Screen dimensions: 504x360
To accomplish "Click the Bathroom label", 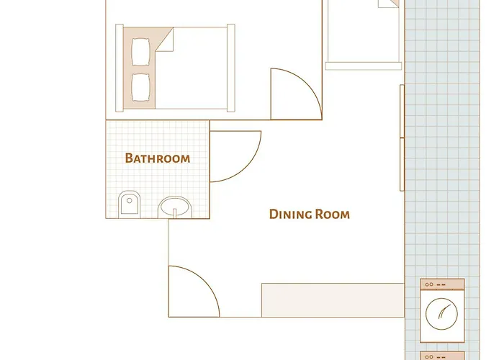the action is click(x=158, y=158).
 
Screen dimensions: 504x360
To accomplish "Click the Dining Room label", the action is click(x=309, y=214).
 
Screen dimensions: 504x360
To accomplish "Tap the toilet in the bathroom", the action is click(x=130, y=204).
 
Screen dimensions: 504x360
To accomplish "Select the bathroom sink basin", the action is click(x=175, y=207).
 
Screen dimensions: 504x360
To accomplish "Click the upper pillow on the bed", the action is click(x=140, y=52).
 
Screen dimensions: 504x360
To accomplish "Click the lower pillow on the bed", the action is click(x=140, y=87).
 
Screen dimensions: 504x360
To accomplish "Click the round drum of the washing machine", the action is click(x=441, y=314).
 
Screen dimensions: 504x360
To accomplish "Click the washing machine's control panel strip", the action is click(x=442, y=284).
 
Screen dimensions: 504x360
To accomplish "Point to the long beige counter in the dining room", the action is click(x=333, y=300).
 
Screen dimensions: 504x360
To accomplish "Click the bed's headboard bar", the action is click(x=120, y=68).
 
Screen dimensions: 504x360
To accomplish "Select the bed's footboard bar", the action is click(x=231, y=68).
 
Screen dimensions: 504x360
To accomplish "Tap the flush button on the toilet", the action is click(x=129, y=201).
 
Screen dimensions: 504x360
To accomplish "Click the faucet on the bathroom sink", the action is click(x=175, y=213).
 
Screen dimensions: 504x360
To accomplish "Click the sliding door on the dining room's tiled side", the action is click(x=402, y=138).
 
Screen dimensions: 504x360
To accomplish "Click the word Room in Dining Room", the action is click(x=332, y=214).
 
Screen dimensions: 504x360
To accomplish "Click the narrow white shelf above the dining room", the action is click(x=364, y=66).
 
